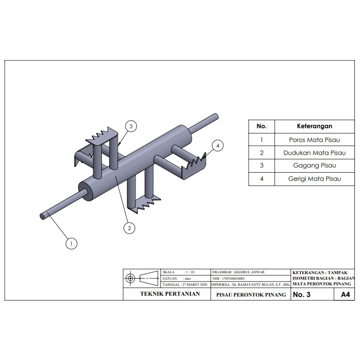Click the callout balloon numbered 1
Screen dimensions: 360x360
[71, 244]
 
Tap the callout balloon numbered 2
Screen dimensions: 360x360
[129, 227]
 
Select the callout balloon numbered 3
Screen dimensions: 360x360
[131, 126]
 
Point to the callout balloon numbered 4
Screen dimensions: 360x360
[218, 146]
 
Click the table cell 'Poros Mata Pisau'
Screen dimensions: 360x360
[314, 139]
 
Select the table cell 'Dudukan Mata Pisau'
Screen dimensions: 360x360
[314, 153]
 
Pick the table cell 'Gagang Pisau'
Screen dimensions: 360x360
[314, 166]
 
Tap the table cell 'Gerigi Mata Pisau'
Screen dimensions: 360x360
[314, 179]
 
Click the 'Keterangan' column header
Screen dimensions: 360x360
[314, 126]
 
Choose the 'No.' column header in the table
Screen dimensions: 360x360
[262, 126]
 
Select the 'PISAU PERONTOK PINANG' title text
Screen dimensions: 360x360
[250, 295]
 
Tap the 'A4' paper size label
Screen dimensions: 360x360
[345, 295]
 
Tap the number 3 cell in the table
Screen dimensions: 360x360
[262, 166]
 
